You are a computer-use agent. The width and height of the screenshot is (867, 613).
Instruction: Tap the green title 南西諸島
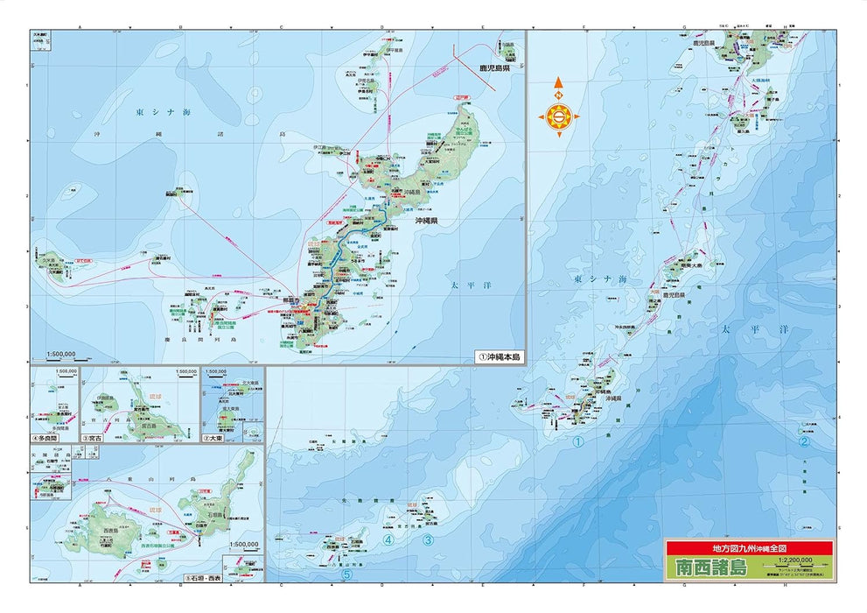point(710,567)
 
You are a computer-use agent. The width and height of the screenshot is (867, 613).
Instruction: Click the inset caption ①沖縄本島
point(498,357)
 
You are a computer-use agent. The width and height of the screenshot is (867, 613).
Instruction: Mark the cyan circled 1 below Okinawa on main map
point(577,443)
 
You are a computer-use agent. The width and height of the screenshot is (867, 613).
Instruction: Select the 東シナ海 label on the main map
point(600,278)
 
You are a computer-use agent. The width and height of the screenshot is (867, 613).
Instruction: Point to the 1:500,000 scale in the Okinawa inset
point(61,356)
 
